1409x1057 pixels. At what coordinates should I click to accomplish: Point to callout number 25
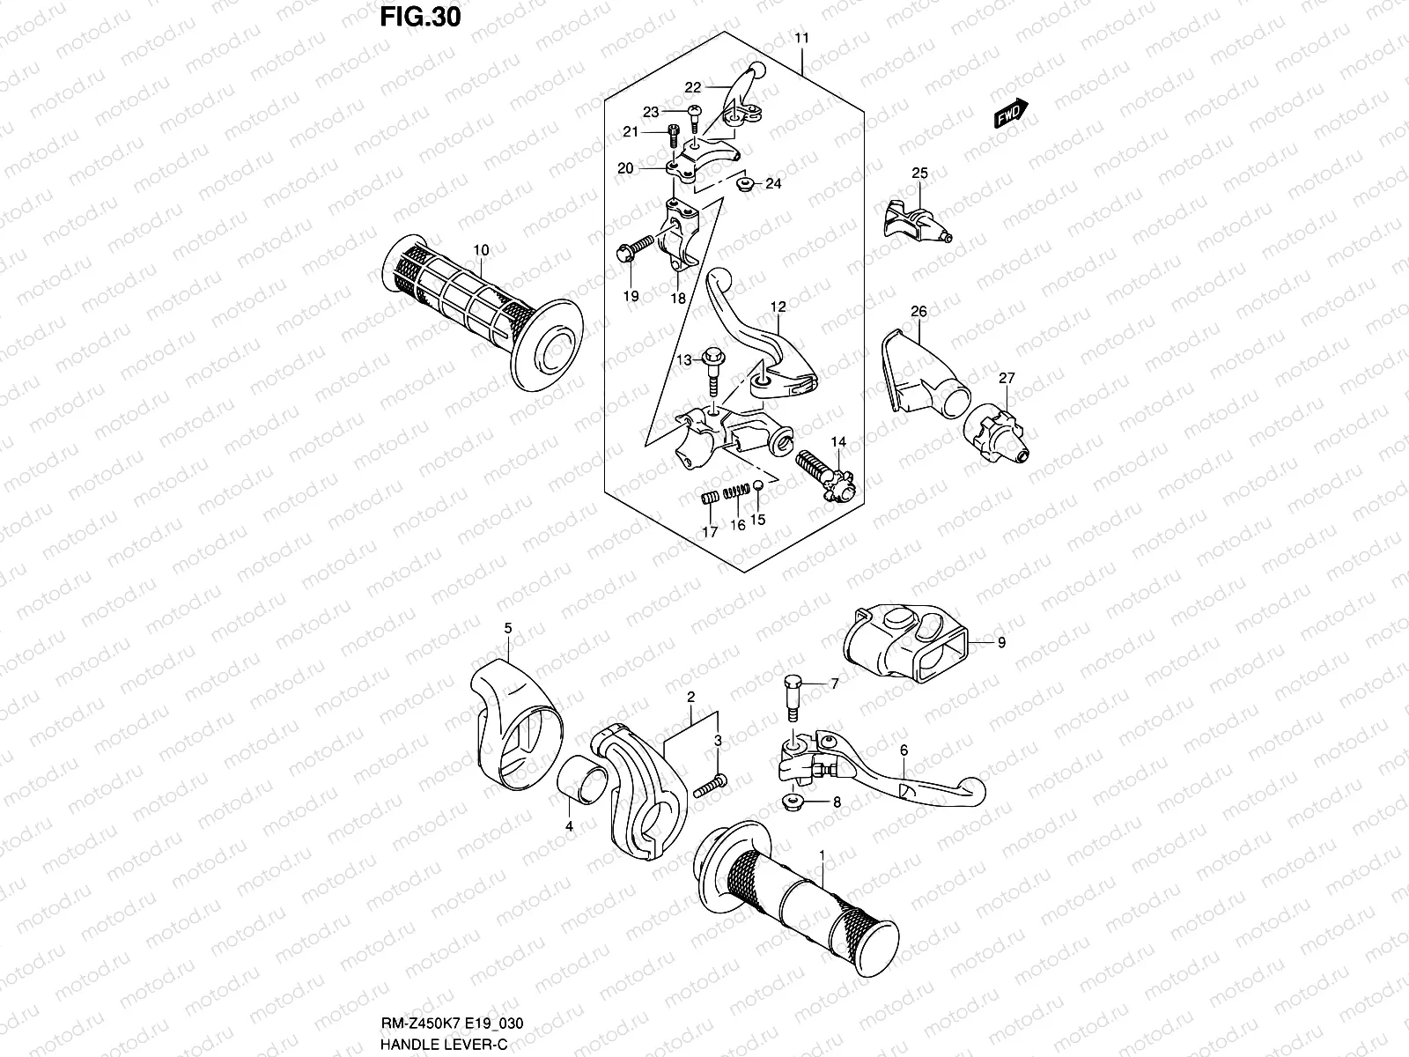click(x=919, y=174)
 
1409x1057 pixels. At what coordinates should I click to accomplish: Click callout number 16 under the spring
click(x=738, y=525)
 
